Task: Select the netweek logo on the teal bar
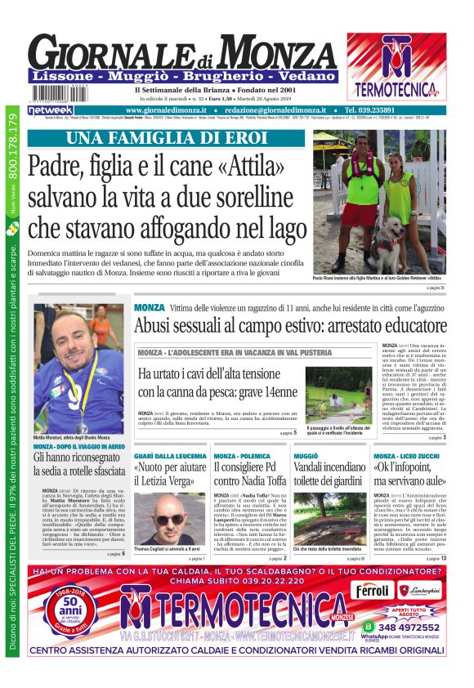point(51,109)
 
